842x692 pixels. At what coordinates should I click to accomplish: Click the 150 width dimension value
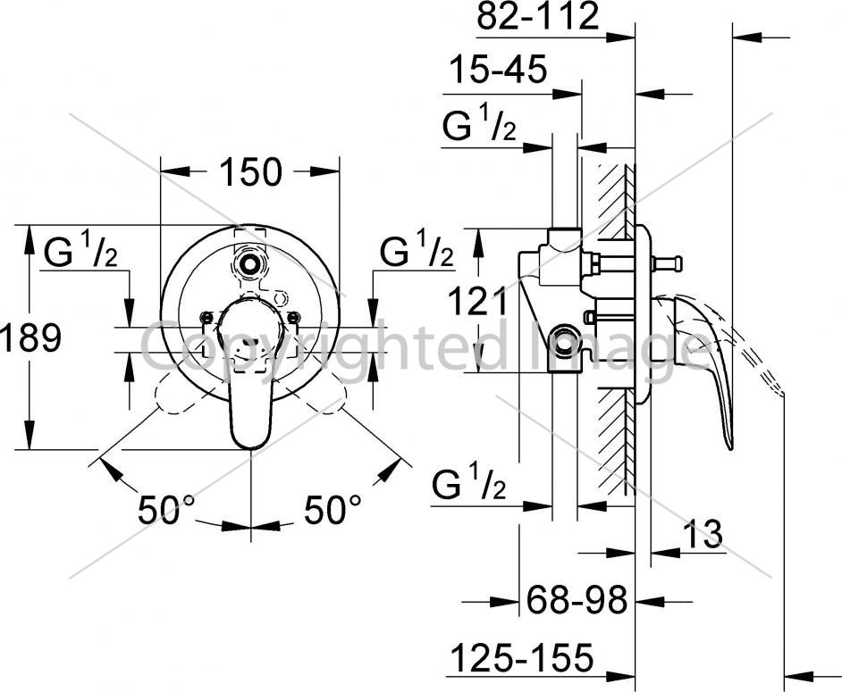(250, 171)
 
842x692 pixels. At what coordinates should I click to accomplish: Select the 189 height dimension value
(30, 338)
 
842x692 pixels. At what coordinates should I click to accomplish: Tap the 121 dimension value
(476, 302)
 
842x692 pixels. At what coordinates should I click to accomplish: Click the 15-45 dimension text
(498, 70)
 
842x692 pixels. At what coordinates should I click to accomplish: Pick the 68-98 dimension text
(577, 600)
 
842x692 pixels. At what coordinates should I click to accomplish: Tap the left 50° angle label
(166, 510)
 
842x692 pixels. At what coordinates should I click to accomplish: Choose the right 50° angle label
(333, 510)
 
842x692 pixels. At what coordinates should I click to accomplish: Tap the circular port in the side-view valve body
(564, 340)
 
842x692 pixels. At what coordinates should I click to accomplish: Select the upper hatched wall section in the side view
(616, 201)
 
